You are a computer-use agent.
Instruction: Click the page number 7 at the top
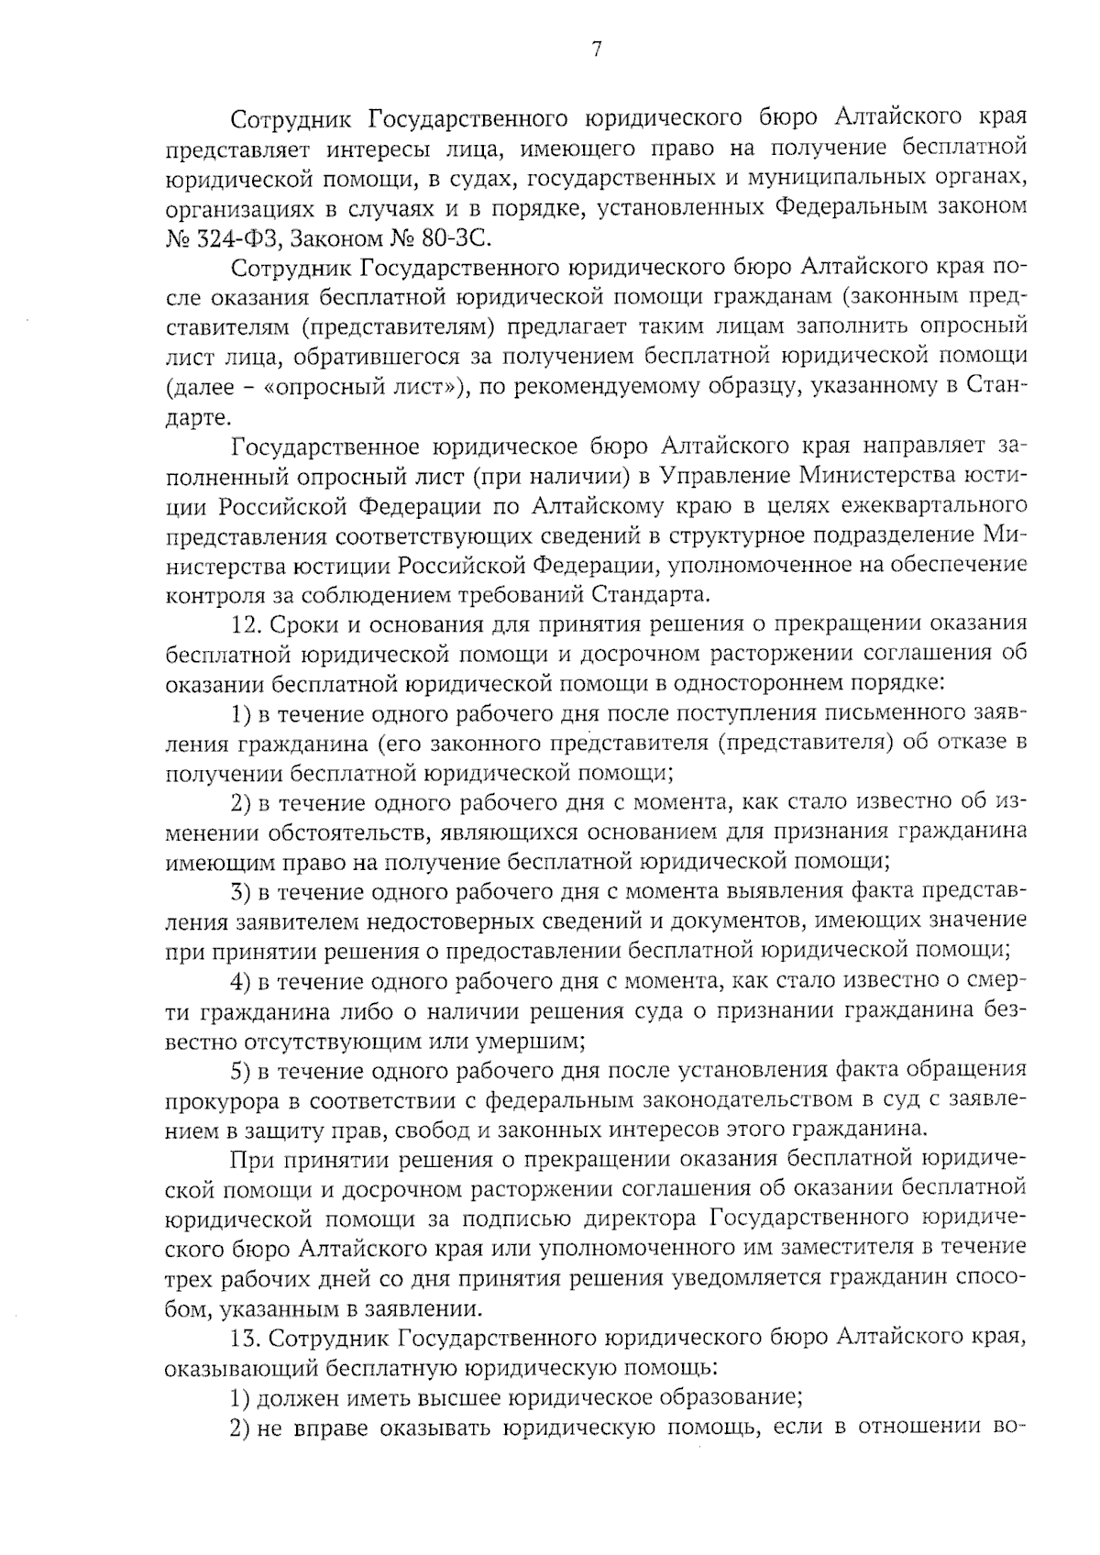pyautogui.click(x=596, y=50)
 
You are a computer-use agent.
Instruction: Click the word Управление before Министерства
pyautogui.click(x=726, y=475)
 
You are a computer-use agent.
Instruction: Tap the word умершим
pyautogui.click(x=529, y=1042)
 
